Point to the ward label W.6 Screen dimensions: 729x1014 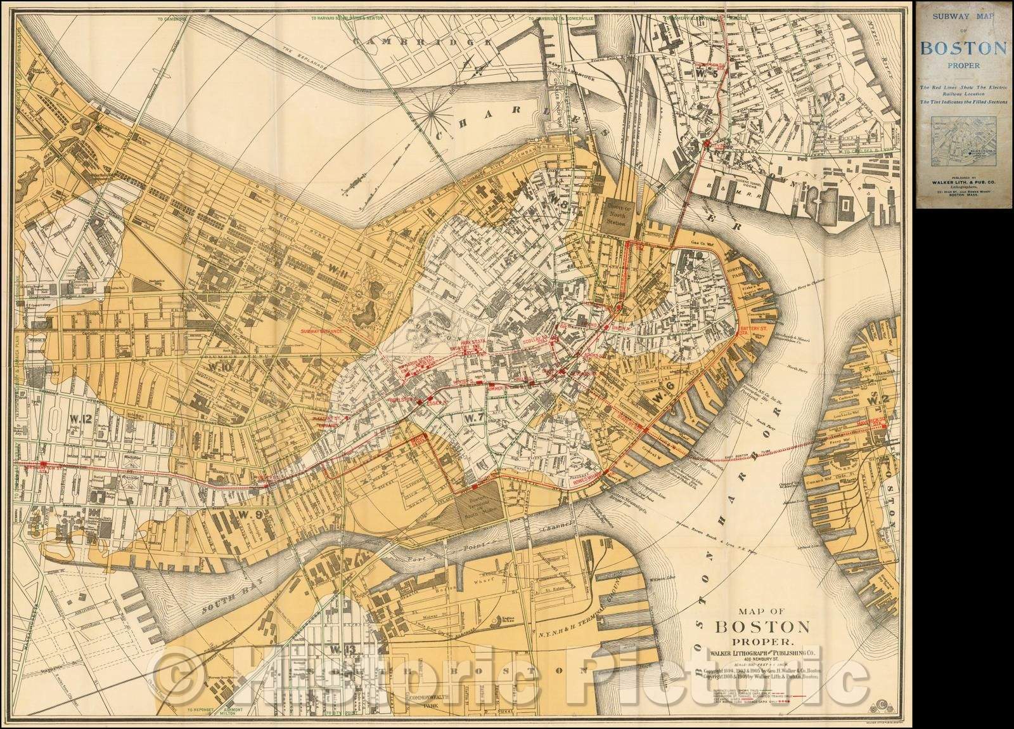click(x=662, y=397)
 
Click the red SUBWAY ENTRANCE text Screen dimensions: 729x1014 click(x=321, y=331)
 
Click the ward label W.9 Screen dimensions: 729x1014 click(x=233, y=514)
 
